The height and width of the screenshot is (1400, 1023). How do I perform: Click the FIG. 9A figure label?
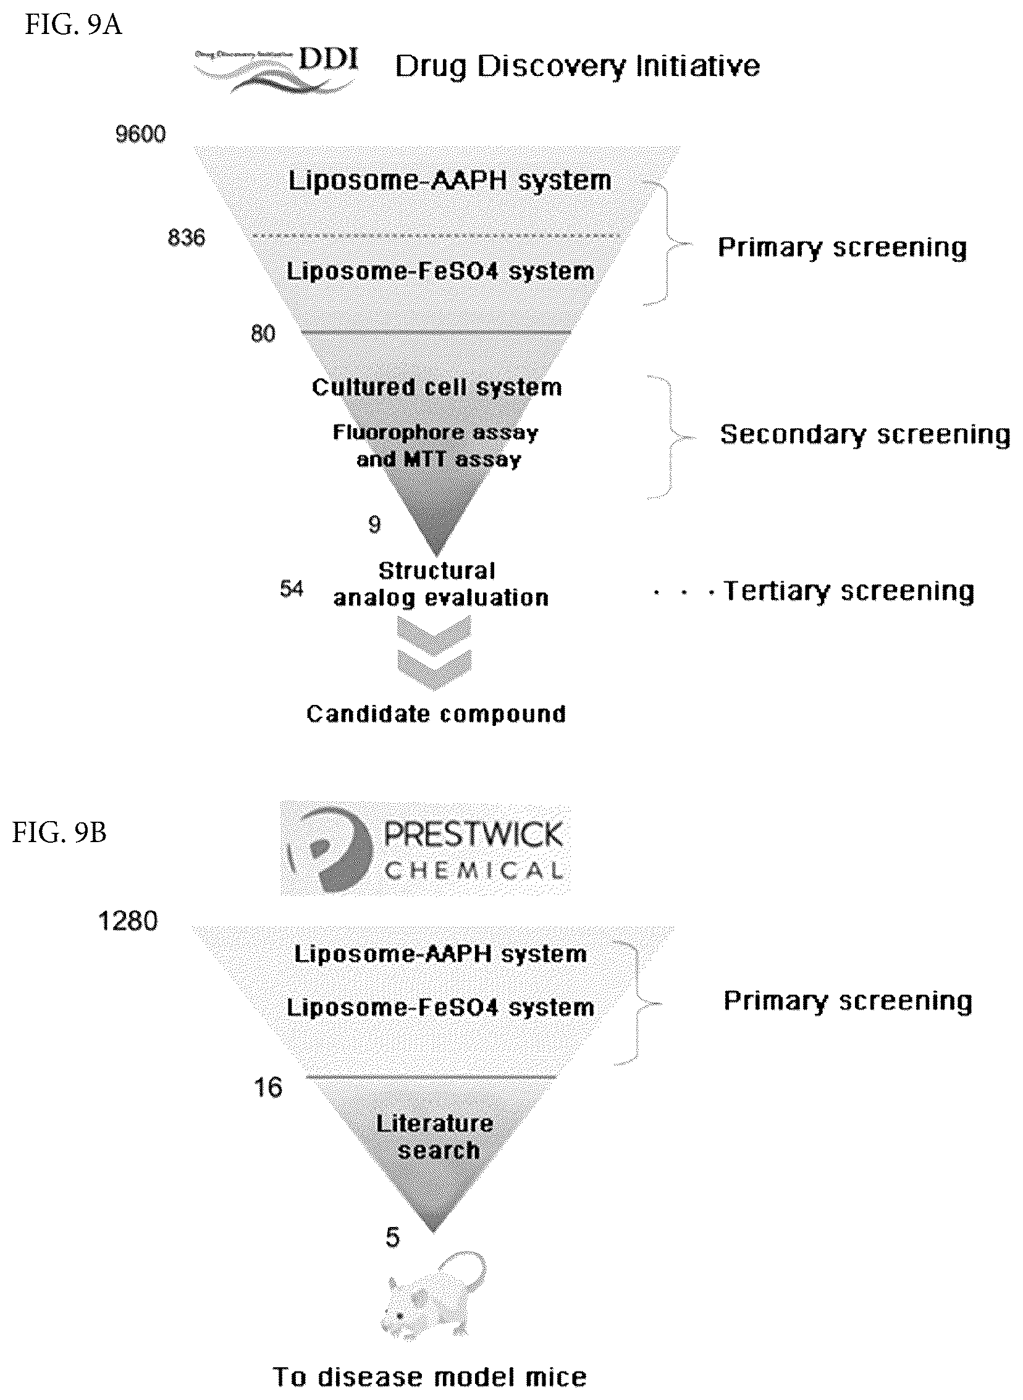tap(73, 26)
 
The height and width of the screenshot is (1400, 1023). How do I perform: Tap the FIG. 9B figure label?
tap(59, 833)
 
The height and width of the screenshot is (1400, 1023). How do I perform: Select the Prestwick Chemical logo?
tap(426, 848)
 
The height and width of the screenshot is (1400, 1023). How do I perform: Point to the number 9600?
tap(141, 134)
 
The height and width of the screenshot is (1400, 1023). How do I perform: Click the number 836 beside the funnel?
tap(187, 238)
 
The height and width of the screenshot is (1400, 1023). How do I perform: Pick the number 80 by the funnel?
tap(263, 334)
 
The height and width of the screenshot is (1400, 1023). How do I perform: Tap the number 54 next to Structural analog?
tap(292, 588)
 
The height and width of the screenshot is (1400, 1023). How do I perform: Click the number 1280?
tap(128, 921)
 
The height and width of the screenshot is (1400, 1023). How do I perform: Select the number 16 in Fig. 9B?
tap(268, 1087)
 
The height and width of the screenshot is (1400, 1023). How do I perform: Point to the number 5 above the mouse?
tap(393, 1238)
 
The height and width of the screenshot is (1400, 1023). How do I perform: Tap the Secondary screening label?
tap(865, 434)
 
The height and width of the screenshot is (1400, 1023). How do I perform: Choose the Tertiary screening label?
tap(849, 591)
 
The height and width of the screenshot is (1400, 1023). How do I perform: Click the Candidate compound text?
tap(437, 714)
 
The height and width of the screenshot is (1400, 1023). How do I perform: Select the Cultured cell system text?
tap(437, 387)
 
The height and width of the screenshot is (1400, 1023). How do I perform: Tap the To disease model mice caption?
tap(430, 1377)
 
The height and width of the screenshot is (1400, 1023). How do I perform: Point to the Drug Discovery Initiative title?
tap(578, 67)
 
